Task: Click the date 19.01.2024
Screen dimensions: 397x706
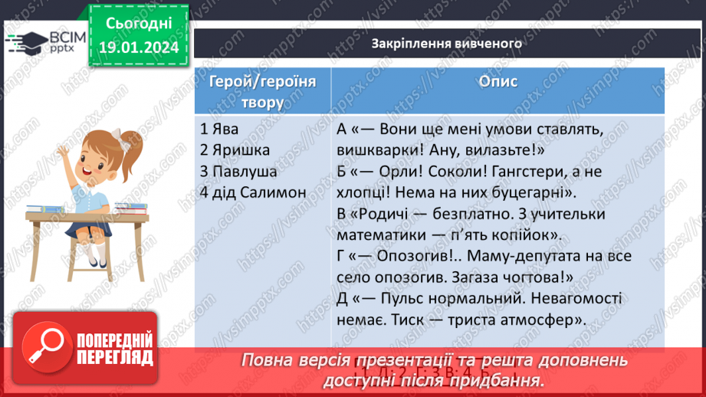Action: [138, 48]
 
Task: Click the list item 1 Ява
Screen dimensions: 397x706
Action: [216, 131]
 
